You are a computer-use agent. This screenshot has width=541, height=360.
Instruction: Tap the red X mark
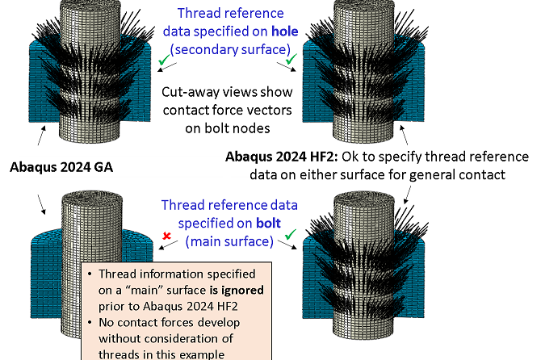point(166,236)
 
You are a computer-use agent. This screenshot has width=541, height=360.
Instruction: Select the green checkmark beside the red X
point(290,233)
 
